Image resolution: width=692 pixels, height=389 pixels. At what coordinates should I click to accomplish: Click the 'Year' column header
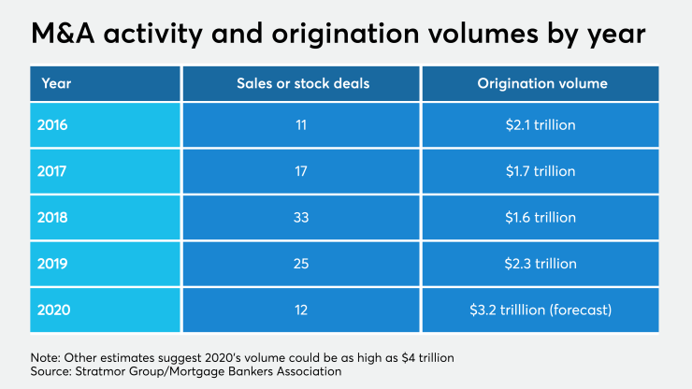tap(56, 83)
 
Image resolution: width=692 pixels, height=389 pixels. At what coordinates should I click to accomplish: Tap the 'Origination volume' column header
tap(542, 83)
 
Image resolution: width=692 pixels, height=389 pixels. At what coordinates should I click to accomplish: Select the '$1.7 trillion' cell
tap(542, 172)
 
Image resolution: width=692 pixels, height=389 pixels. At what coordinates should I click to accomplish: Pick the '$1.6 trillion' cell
tap(542, 217)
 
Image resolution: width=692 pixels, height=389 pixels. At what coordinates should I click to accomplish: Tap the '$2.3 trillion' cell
tap(542, 262)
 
